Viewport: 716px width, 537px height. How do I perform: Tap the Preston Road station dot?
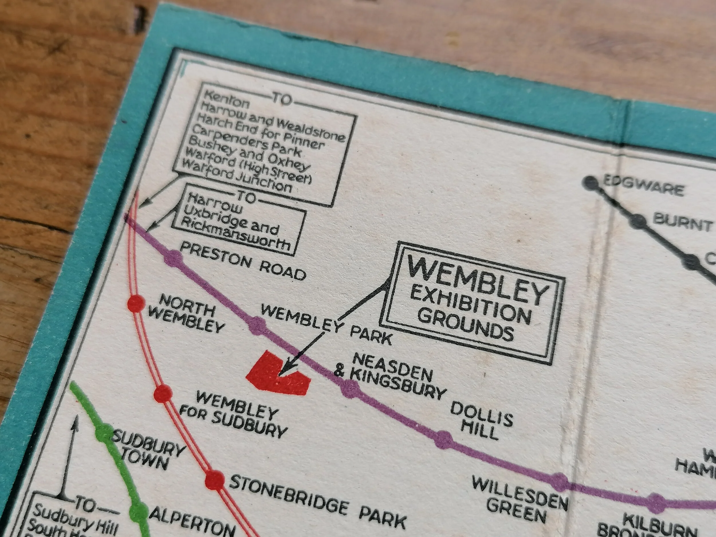[x=173, y=258]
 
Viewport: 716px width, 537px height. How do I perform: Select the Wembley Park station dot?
[x=258, y=325]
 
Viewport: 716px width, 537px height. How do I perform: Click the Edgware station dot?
[x=591, y=182]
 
